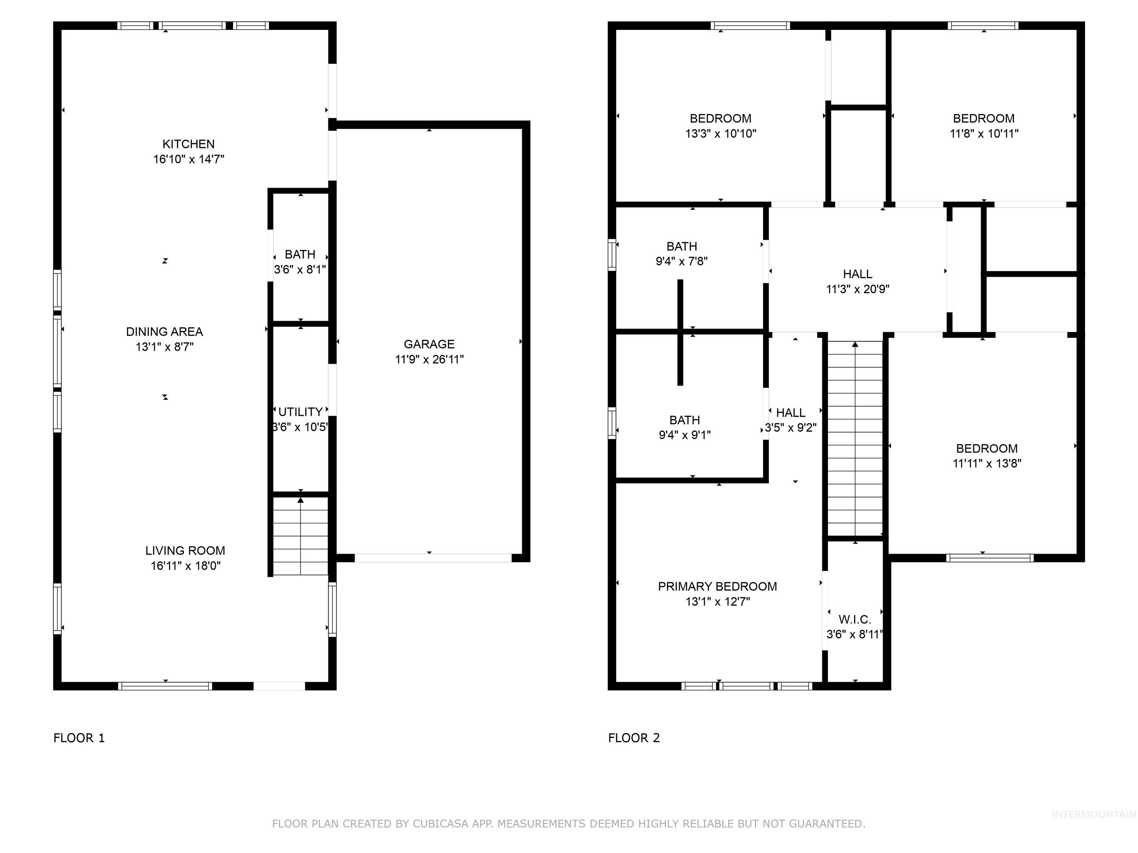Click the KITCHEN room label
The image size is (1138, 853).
pyautogui.click(x=188, y=144)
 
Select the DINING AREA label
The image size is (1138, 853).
pyautogui.click(x=164, y=332)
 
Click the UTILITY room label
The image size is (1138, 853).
pyautogui.click(x=300, y=412)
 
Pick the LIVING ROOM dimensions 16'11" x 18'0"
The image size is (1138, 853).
pyautogui.click(x=185, y=566)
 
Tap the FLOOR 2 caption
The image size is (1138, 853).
pyautogui.click(x=634, y=738)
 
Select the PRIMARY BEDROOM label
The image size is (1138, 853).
pyautogui.click(x=717, y=586)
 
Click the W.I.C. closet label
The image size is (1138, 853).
pyautogui.click(x=855, y=619)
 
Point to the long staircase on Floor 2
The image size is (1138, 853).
pyautogui.click(x=855, y=439)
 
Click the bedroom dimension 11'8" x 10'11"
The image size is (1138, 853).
pyautogui.click(x=984, y=134)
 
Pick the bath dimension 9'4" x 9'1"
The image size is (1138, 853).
pyautogui.click(x=684, y=435)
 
